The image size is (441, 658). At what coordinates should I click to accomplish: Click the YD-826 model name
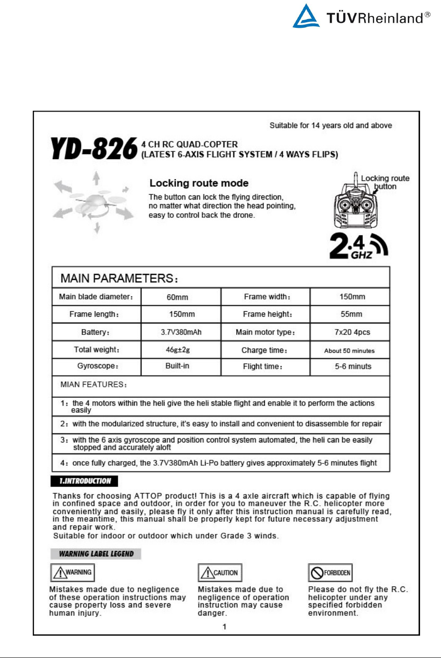[x=94, y=149]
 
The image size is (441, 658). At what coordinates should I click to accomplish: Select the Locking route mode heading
[x=199, y=183]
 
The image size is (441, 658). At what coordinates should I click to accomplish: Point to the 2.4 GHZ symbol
[x=359, y=246]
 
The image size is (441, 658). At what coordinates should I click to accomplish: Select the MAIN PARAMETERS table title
[x=119, y=278]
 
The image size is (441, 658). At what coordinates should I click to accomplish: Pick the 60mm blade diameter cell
[x=177, y=297]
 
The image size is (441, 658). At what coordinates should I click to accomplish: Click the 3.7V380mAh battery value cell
[x=181, y=332]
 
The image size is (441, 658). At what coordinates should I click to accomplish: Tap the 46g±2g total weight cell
[x=177, y=350]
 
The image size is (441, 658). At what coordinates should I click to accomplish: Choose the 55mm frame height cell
[x=351, y=314]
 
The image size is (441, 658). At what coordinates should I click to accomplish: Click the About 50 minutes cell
[x=349, y=351]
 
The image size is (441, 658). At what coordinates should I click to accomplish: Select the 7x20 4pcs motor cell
[x=352, y=332]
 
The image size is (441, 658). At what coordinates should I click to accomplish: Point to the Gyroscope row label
[x=97, y=366]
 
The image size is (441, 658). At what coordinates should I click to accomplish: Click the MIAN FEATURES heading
[x=93, y=385]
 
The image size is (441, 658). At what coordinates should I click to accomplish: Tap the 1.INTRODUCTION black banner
[x=85, y=481]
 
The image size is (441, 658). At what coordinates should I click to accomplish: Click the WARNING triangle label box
[x=72, y=572]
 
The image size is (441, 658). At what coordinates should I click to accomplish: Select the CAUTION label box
[x=220, y=573]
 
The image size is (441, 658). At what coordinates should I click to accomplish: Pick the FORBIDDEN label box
[x=330, y=573]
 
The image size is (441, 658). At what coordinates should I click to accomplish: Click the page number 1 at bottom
[x=224, y=627]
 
